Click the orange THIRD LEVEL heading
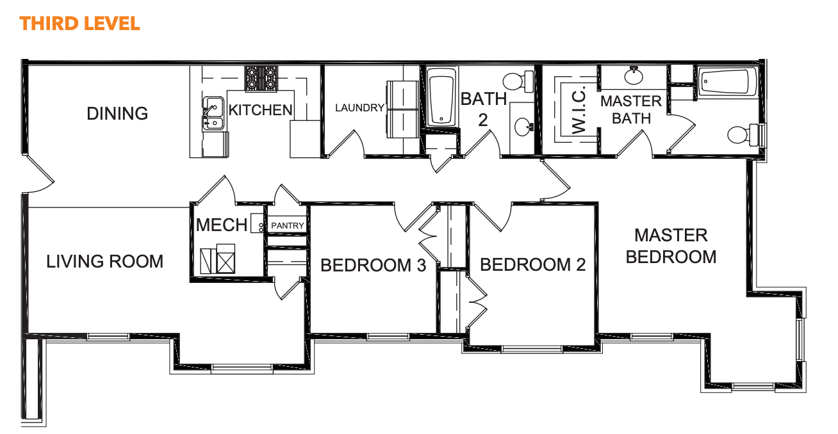click(79, 24)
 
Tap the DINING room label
click(117, 113)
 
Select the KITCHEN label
click(260, 110)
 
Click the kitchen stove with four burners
click(261, 79)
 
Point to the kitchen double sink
click(213, 114)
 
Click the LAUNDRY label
click(359, 108)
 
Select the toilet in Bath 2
click(518, 81)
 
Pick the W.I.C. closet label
click(579, 109)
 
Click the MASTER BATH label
click(631, 109)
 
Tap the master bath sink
click(634, 76)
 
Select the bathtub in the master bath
click(727, 82)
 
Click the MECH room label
click(222, 225)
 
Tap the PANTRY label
click(287, 225)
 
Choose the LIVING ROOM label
click(105, 261)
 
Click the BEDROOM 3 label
click(374, 265)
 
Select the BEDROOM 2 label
click(533, 264)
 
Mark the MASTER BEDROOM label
click(671, 246)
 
